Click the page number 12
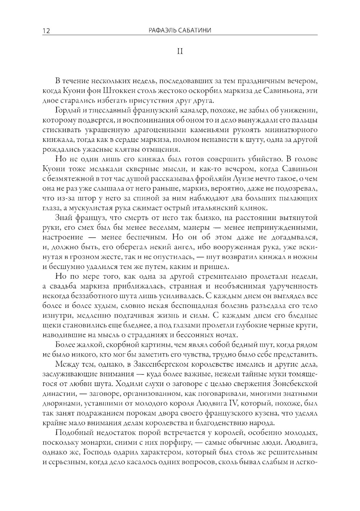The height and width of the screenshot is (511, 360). coord(46,31)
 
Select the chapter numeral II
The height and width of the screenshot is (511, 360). coord(180,51)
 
